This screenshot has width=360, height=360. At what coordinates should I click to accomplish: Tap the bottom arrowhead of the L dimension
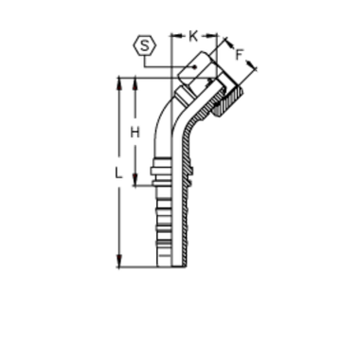tap(119, 266)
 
